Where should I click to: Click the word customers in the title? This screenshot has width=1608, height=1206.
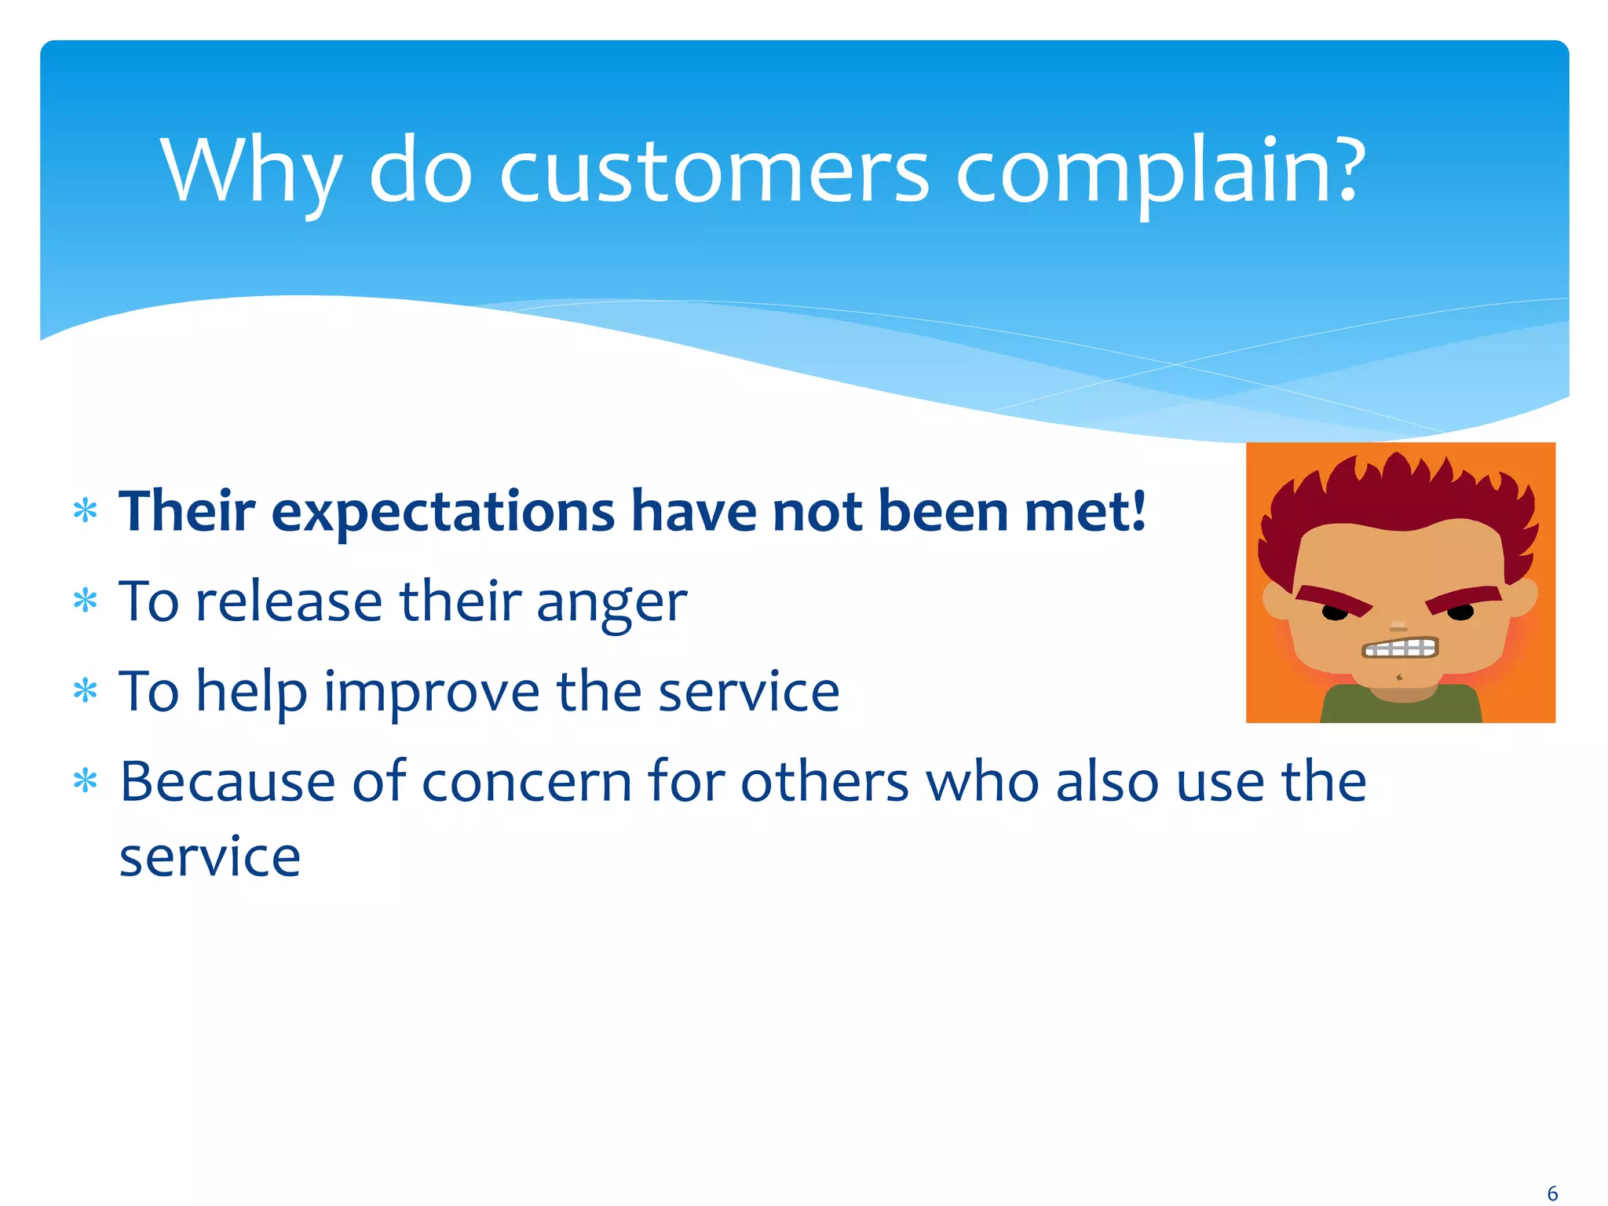tap(713, 171)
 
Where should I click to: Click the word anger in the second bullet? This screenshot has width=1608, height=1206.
tap(612, 603)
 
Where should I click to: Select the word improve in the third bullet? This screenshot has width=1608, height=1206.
tap(431, 693)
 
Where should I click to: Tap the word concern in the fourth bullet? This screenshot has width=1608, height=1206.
tap(527, 782)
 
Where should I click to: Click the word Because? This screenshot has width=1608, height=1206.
tap(228, 782)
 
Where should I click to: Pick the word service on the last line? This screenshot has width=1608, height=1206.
tap(210, 857)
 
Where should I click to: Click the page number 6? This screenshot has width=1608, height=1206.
tap(1551, 1193)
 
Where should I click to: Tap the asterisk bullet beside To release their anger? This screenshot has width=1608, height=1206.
tap(85, 602)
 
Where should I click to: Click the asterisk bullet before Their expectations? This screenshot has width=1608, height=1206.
tap(85, 512)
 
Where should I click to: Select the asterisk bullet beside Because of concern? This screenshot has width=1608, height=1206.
tap(85, 781)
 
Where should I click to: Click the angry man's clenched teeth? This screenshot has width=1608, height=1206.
tap(1400, 648)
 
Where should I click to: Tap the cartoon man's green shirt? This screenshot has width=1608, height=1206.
tap(1401, 707)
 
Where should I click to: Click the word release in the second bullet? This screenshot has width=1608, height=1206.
tap(288, 602)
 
